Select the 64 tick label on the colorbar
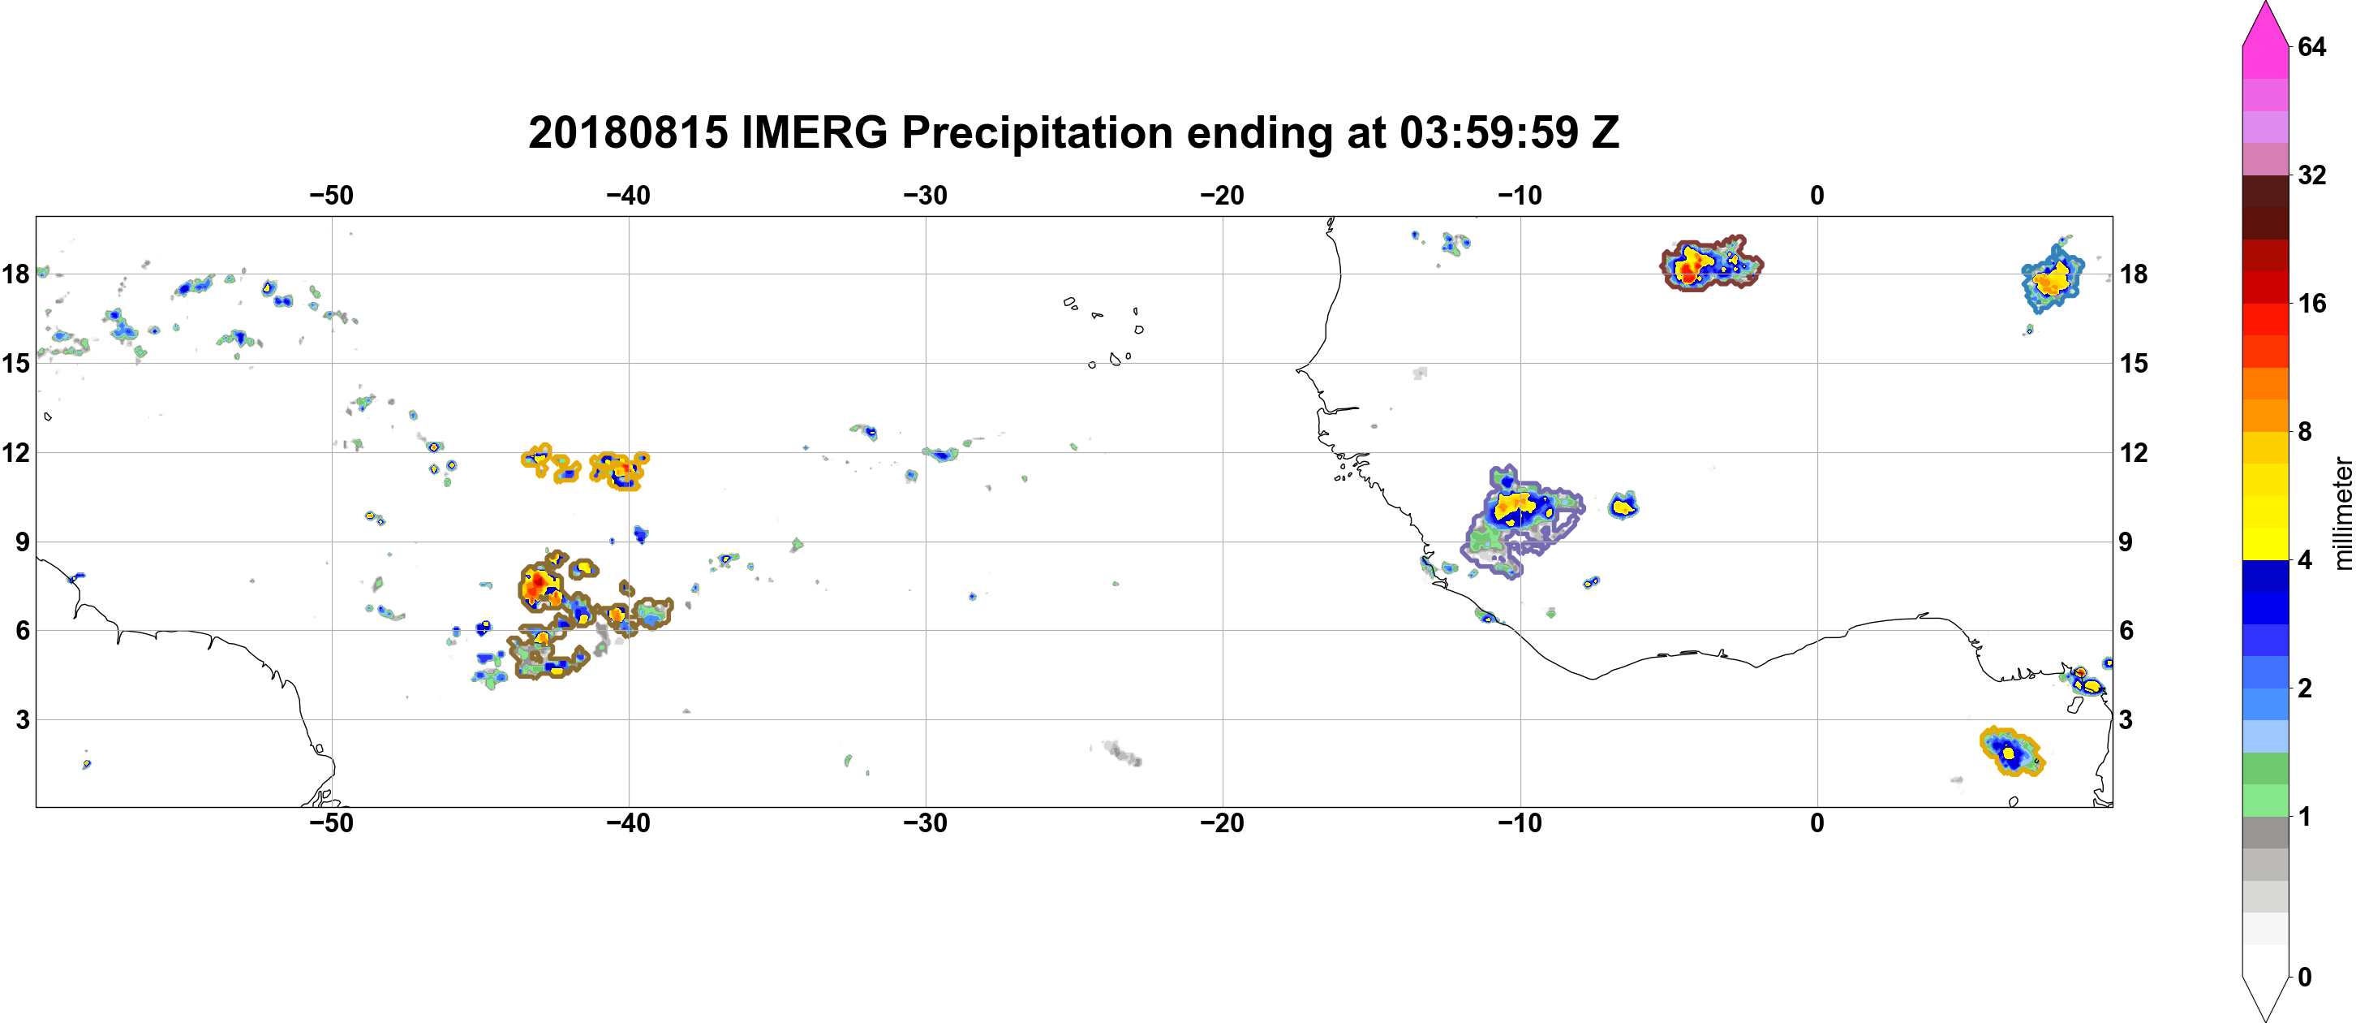tap(2311, 45)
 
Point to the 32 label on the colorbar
tap(2311, 175)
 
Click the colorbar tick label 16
tap(2311, 303)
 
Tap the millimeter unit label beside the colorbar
tap(2342, 513)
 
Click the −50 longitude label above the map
tap(331, 195)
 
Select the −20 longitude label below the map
tap(1222, 823)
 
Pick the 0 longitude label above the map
tap(1816, 195)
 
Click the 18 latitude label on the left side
tap(15, 274)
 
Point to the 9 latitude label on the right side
tap(2126, 542)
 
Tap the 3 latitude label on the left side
tap(23, 719)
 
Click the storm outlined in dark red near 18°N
tap(1710, 264)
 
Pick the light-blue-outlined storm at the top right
tap(2053, 279)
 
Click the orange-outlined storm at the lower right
tap(2011, 752)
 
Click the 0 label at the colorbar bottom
tap(2304, 978)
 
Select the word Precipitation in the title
tap(1037, 134)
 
